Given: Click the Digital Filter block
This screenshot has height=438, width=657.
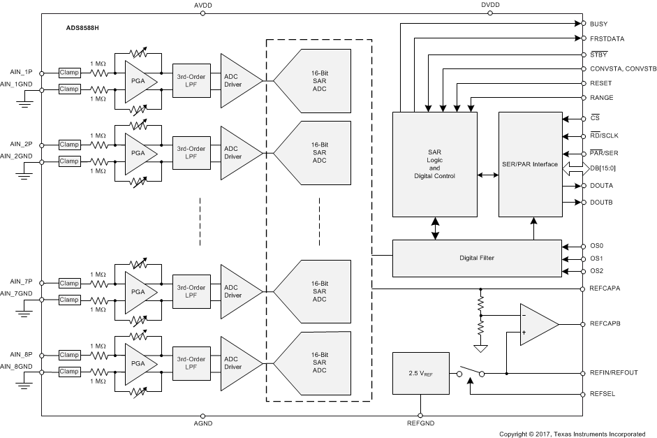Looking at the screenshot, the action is pyautogui.click(x=477, y=258).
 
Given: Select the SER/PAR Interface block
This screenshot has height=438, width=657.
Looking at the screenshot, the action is pyautogui.click(x=531, y=164).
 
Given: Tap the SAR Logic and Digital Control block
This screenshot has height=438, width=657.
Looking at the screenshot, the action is pyautogui.click(x=435, y=164).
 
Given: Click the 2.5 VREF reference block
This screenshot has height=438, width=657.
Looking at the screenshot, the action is pyautogui.click(x=421, y=373).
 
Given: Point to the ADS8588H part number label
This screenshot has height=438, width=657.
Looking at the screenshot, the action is pyautogui.click(x=82, y=28).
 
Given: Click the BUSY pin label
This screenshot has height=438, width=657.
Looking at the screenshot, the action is pyautogui.click(x=598, y=24).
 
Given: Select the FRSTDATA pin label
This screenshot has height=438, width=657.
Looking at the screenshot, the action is pyautogui.click(x=607, y=39).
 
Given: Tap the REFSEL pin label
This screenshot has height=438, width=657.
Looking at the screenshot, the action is pyautogui.click(x=602, y=394).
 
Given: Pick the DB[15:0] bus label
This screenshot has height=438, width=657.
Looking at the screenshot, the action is pyautogui.click(x=603, y=168).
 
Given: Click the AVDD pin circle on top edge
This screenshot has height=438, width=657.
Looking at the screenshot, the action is pyautogui.click(x=202, y=13).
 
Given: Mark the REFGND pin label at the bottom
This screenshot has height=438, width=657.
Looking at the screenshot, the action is pyautogui.click(x=421, y=423).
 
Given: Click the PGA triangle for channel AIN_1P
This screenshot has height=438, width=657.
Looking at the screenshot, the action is pyautogui.click(x=139, y=82).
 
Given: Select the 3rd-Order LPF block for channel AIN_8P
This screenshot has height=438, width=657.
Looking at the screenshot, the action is pyautogui.click(x=191, y=363).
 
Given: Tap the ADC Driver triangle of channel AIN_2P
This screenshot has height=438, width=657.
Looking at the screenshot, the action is pyautogui.click(x=238, y=153).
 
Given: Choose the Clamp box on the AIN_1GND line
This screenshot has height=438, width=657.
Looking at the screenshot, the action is pyautogui.click(x=69, y=89).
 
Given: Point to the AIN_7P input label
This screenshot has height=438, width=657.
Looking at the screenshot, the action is pyautogui.click(x=21, y=282).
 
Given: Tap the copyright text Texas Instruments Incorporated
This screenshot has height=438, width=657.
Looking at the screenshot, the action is pyautogui.click(x=599, y=435).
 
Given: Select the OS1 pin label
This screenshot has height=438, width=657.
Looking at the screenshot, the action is pyautogui.click(x=596, y=258).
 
